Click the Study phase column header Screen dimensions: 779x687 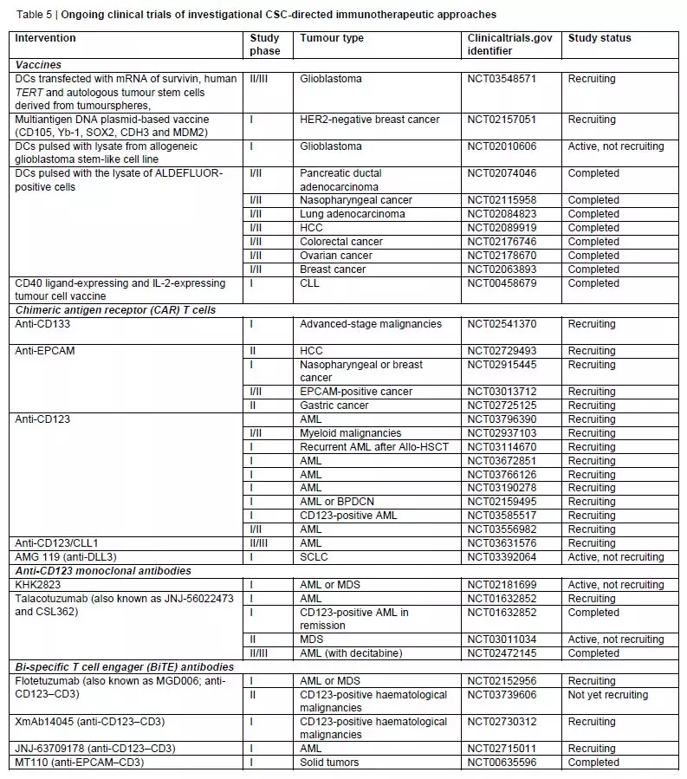pos(264,44)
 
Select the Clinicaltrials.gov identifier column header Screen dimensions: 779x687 pos(509,44)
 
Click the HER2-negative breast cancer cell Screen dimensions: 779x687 pos(370,120)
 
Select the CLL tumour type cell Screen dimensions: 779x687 pos(311,283)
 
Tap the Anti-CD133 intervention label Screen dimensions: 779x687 pos(42,324)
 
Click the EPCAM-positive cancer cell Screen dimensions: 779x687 pos(356,392)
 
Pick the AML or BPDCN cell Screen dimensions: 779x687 pos(340,502)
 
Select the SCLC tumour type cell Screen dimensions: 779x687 pos(314,557)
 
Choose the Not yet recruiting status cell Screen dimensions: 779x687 pos(607,695)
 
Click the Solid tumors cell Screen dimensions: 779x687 pos(330,763)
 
